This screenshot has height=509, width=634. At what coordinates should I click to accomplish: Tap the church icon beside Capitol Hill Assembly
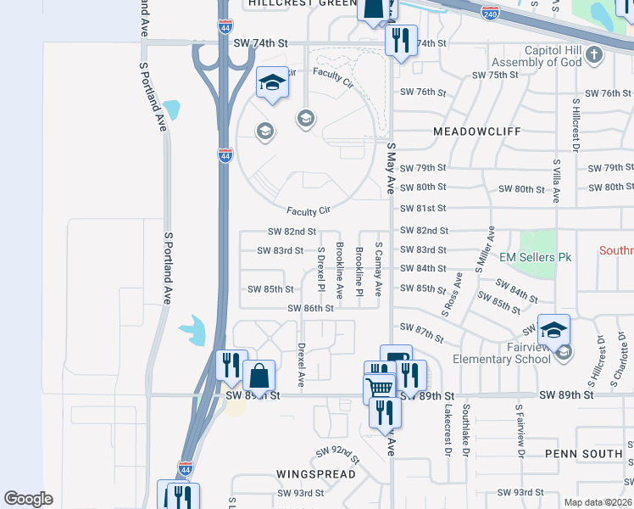point(595,55)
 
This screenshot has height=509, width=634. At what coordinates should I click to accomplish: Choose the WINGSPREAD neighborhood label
point(315,473)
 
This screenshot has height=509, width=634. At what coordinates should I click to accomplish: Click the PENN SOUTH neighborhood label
point(584,454)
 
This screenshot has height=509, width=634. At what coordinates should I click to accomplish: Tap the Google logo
point(29,498)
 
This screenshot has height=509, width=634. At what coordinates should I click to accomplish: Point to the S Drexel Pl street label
point(321,266)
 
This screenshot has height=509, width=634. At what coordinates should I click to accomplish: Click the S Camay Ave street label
point(378,266)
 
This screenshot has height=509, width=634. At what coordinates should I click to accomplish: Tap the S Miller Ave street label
point(485,249)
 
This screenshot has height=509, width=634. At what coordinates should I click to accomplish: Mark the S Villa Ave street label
point(556,180)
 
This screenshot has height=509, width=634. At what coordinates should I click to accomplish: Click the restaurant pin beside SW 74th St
point(401,38)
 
